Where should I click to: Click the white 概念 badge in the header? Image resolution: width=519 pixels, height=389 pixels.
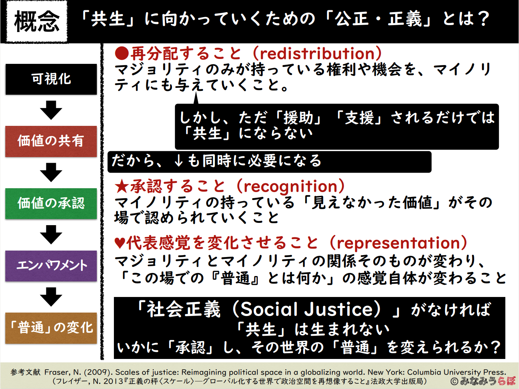(x=37, y=22)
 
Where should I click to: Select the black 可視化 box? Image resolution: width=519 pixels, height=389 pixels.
(x=51, y=79)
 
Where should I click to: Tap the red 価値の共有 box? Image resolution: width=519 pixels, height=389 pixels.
(x=51, y=141)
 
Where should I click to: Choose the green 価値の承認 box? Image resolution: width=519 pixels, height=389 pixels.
(x=51, y=203)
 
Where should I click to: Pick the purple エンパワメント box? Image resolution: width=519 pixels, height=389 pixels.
(x=51, y=266)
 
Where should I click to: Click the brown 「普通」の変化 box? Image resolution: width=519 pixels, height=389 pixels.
(x=51, y=328)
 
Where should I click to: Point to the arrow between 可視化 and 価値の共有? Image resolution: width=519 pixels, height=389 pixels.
(x=51, y=110)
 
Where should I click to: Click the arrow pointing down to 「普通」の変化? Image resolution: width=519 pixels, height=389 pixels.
(x=51, y=297)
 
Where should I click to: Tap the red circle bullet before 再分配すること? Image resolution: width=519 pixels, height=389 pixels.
(x=122, y=54)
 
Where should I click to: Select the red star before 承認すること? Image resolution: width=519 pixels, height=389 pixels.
(x=122, y=186)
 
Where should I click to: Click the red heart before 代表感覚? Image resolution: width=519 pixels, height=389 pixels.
(x=120, y=243)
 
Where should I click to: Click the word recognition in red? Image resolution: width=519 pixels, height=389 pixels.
(x=290, y=187)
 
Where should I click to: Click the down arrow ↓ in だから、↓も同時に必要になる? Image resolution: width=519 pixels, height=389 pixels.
(x=178, y=161)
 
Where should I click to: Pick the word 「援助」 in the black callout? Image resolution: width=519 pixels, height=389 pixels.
(x=298, y=117)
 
